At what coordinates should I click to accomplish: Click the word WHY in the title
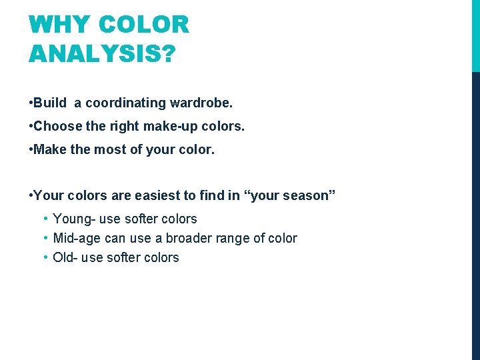[x=58, y=25]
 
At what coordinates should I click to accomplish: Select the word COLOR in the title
[x=143, y=25]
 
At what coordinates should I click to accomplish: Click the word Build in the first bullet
[x=50, y=103]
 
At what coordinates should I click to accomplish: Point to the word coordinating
[x=126, y=103]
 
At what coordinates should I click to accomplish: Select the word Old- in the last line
[x=65, y=257]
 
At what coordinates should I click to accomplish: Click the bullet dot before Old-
[x=44, y=257]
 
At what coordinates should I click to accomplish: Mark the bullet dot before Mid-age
[x=44, y=238]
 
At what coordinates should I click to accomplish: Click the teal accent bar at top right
[x=475, y=35]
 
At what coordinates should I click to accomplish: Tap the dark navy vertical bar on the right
[x=475, y=213]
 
